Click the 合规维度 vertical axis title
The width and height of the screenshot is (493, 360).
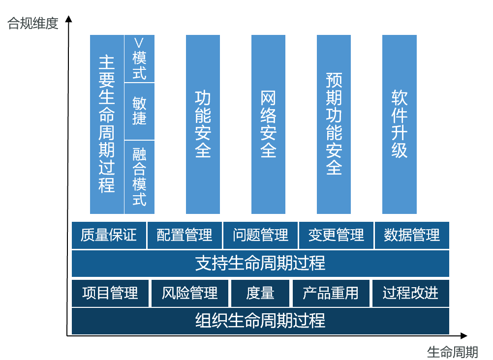pos(33,23)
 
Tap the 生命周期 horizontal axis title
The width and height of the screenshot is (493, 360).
pos(453,352)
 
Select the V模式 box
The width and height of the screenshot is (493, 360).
pos(139,59)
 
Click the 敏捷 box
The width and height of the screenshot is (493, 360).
pos(139,111)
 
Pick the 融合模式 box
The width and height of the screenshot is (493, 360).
pos(139,177)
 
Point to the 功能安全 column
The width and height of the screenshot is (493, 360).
pos(203,124)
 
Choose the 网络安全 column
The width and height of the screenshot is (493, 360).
pos(268,124)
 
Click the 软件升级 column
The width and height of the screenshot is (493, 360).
pos(400,124)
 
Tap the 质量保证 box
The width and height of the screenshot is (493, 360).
pos(109,235)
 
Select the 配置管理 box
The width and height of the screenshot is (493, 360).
pos(185,235)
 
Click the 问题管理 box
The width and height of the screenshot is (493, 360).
pos(260,235)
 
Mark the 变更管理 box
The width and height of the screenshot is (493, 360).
pos(336,235)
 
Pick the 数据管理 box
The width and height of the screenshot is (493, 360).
pos(412,235)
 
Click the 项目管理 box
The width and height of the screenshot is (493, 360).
pos(110,293)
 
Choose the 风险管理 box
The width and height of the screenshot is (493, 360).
pos(189,293)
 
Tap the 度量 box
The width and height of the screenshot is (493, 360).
pos(260,293)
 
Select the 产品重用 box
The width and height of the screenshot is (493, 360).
pos(331,293)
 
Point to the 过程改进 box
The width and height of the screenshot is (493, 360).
pos(411,293)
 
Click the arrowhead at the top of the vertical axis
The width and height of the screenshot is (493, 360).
pos(68,19)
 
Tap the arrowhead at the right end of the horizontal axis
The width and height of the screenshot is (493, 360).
pos(464,336)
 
